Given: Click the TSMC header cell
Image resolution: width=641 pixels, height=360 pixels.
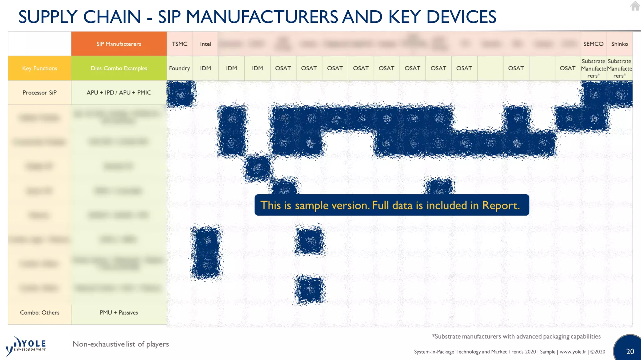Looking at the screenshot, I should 179,44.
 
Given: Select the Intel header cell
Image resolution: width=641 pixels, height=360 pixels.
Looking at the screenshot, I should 205,44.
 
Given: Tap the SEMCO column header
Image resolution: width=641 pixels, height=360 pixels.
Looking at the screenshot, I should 593,44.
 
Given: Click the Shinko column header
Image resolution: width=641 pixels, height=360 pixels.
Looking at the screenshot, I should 619,44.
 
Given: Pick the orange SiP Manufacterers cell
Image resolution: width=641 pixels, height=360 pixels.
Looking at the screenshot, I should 119,44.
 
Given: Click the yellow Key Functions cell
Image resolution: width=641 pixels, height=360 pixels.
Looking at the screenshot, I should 39,68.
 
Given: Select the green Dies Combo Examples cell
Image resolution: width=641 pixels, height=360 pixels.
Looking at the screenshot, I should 119,68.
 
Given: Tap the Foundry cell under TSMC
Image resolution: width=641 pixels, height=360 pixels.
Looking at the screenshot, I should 179,68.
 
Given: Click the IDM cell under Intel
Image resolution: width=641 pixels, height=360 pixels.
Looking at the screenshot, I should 205,68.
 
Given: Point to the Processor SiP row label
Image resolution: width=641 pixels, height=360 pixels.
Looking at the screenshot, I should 39,92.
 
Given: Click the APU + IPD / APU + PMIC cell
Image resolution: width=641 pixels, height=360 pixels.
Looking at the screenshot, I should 119,92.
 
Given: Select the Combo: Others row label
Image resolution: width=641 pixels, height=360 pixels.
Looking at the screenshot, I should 39,312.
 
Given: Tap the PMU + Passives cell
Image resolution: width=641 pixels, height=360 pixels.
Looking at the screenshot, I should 119,312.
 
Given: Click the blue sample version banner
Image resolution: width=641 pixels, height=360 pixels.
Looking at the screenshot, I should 391,205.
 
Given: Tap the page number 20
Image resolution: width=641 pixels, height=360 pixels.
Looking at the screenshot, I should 630,351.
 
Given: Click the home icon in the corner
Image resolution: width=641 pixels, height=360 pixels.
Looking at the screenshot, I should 635,6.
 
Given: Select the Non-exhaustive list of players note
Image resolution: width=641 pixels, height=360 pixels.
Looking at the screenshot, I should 121,344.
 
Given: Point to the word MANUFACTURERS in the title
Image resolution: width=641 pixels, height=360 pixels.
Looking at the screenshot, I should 262,17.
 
